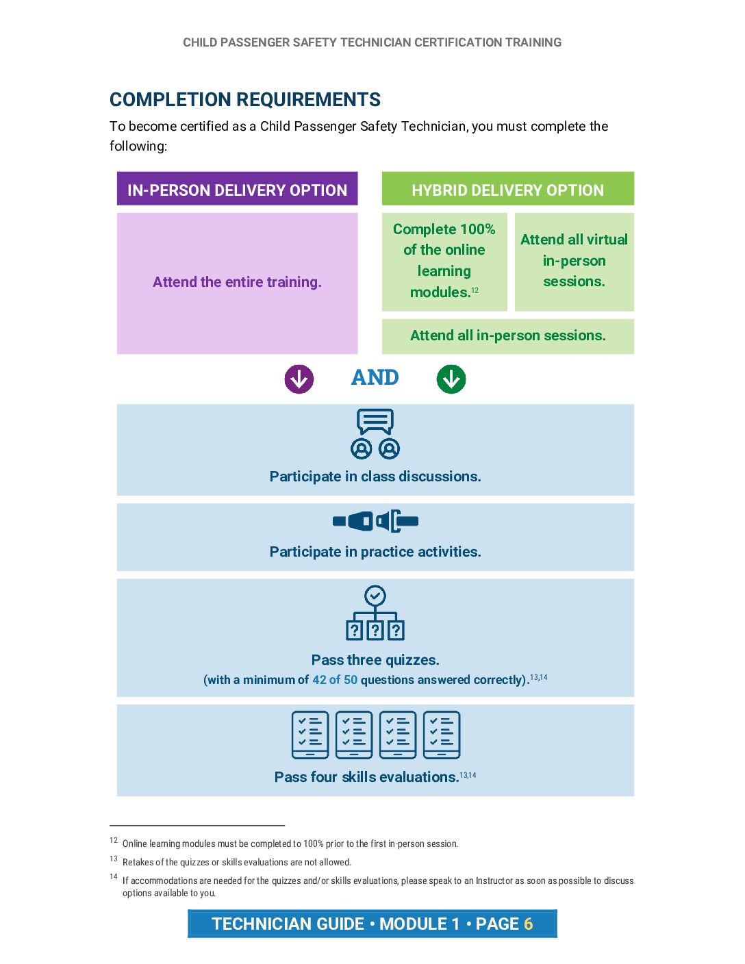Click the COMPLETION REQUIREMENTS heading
pos(244,100)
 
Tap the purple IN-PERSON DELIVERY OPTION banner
pos(237,190)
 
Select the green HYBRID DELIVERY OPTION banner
pos(507,190)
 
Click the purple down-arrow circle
pos(299,379)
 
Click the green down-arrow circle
pos(451,379)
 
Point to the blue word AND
pos(375,377)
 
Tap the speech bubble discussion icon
pos(375,433)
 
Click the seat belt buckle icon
pos(375,521)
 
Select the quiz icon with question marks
pos(375,613)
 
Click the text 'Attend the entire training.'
pos(237,282)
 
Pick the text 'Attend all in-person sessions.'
pos(507,335)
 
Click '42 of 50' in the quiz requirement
pos(335,680)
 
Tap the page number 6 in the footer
pos(528,924)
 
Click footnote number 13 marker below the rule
pos(114,859)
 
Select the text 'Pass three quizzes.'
pos(375,660)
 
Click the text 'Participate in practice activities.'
pos(375,552)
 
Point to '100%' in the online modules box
pos(477,229)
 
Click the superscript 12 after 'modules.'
pos(475,290)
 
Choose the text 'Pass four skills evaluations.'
pos(366,777)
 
